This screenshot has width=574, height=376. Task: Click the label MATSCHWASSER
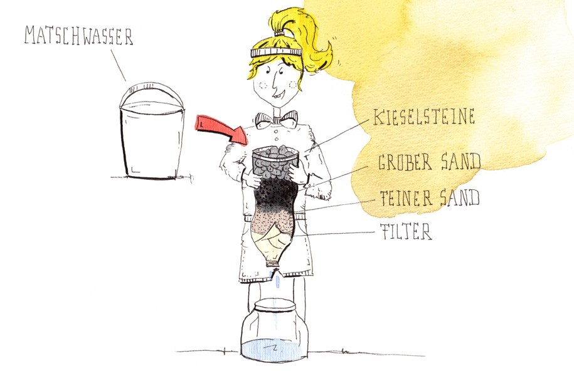click(78, 36)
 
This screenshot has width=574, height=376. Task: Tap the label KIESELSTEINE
click(424, 117)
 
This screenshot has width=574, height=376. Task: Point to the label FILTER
click(406, 231)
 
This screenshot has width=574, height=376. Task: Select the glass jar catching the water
click(275, 331)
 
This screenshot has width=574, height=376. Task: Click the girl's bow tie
click(277, 119)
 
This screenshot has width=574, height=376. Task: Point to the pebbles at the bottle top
click(275, 161)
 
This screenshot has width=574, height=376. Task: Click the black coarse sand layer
click(275, 194)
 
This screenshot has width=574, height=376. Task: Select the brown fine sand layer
click(272, 222)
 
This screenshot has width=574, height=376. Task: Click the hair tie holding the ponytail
click(279, 33)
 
